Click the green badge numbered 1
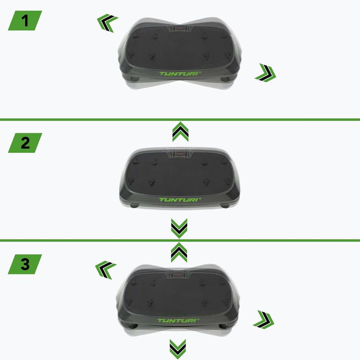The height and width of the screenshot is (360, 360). tap(25, 21)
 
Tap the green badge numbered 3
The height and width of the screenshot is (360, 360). tap(25, 264)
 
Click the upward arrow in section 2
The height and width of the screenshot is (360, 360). tap(180, 132)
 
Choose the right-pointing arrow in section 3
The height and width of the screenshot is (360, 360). tap(264, 319)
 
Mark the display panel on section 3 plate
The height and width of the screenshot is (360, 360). tap(180, 275)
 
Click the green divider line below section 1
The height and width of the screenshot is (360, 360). tap(180, 119)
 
